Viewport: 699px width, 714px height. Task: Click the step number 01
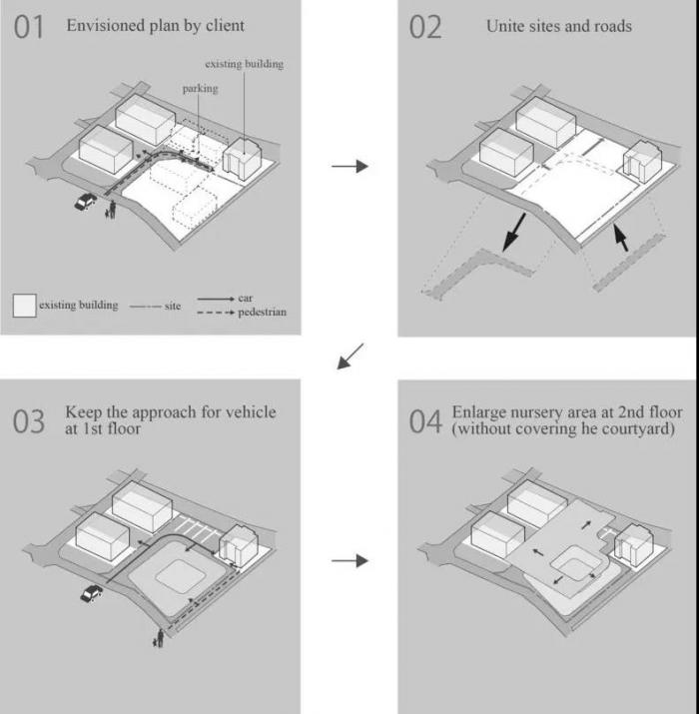29,28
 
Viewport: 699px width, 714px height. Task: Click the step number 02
425,28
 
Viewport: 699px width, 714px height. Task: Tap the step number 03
29,421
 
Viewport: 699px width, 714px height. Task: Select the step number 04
425,421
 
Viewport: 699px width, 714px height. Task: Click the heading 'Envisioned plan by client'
155,25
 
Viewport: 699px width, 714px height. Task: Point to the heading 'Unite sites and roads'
558,26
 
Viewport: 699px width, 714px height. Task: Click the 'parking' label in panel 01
200,88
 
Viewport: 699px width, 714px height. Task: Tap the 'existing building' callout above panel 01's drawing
244,64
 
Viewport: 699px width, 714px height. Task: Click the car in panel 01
86,202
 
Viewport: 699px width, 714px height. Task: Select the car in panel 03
91,594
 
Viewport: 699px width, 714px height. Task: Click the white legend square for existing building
24,305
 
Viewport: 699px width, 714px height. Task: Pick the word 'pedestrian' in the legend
262,313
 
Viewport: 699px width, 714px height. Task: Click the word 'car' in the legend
246,299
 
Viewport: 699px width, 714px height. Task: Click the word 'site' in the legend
173,306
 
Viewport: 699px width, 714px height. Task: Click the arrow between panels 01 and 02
349,166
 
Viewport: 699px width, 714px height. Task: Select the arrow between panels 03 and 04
349,561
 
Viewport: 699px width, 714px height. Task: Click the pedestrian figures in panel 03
158,637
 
